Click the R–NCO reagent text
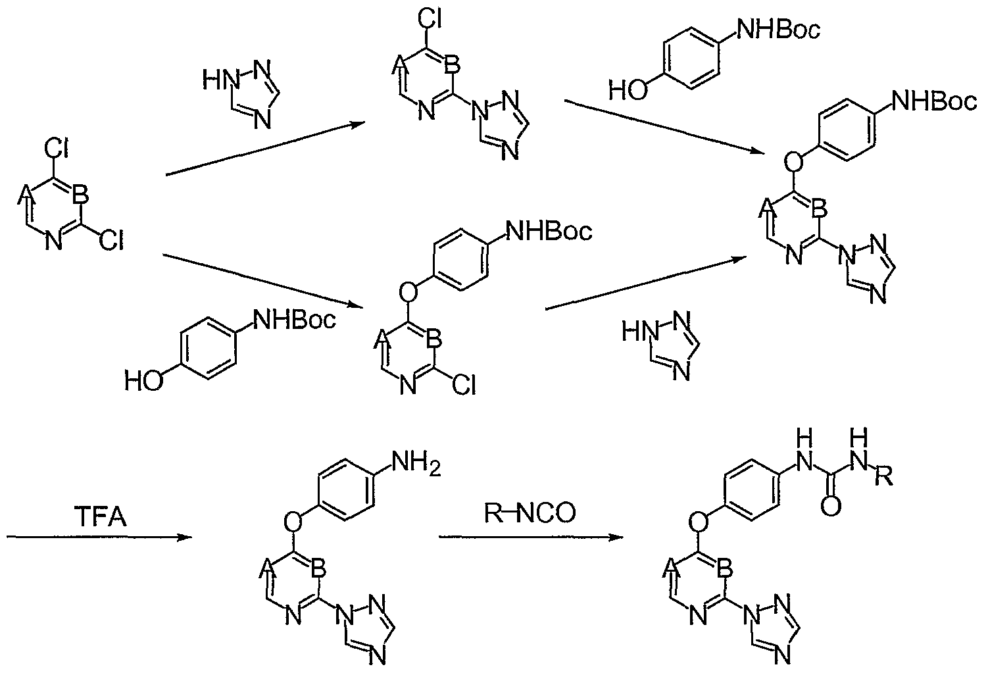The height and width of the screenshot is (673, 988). [530, 513]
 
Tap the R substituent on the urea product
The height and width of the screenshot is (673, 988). [884, 476]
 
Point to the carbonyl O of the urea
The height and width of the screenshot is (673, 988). [831, 507]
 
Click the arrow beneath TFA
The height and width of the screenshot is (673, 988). [99, 537]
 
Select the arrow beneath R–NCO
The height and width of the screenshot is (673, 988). [531, 537]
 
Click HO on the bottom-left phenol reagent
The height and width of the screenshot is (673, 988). [144, 381]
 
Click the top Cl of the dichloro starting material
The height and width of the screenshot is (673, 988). [56, 149]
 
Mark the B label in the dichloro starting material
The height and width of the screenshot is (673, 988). [81, 195]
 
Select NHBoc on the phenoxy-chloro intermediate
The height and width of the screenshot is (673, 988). [549, 231]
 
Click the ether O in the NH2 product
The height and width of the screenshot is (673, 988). [293, 522]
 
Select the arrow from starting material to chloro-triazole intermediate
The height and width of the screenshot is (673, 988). [265, 149]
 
